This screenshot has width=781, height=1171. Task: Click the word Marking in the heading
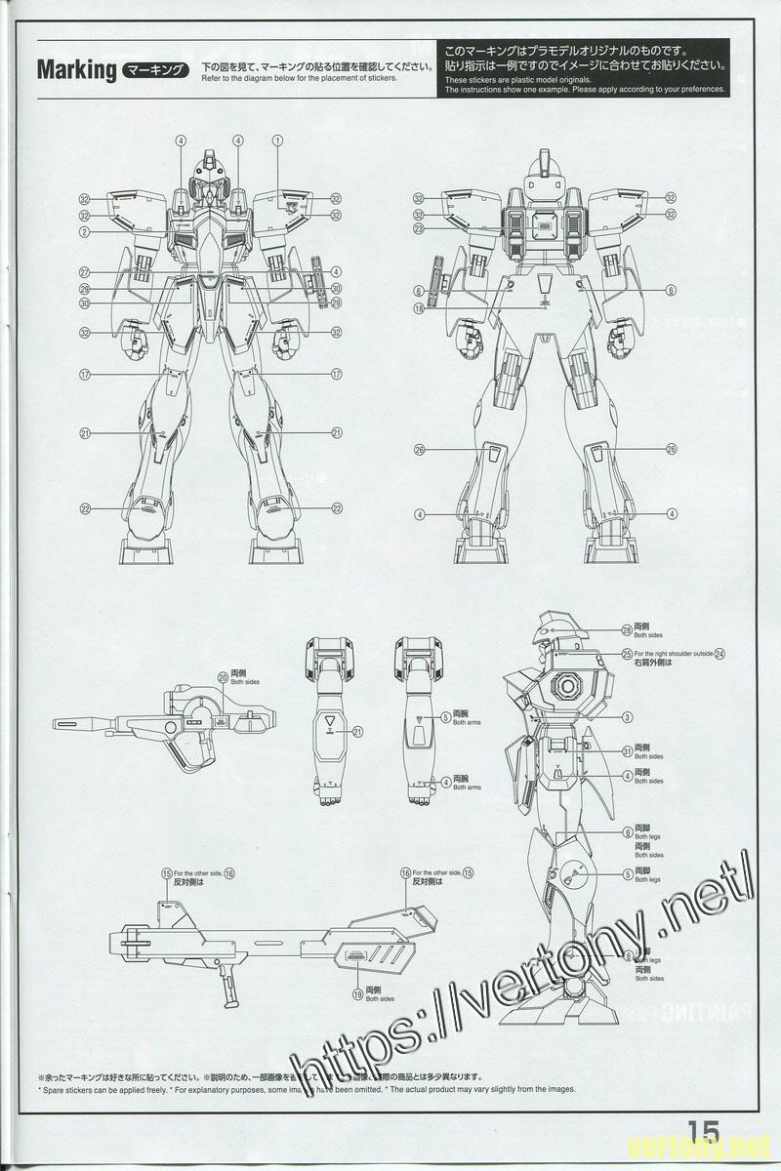(x=76, y=70)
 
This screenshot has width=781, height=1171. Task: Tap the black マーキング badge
(x=157, y=70)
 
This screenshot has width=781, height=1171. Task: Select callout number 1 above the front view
(x=278, y=141)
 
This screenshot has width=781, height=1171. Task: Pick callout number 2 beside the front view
(x=85, y=231)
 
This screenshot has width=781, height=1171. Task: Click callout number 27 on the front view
(x=85, y=272)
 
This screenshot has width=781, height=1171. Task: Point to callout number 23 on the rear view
(x=418, y=229)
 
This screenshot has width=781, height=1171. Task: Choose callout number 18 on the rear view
(x=418, y=308)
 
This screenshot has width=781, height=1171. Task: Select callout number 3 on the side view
(x=628, y=717)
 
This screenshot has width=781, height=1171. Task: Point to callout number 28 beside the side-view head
(x=627, y=630)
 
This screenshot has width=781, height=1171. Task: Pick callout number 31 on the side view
(x=627, y=750)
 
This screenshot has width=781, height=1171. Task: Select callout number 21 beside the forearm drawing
(x=357, y=731)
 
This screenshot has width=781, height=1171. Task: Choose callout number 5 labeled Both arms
(x=445, y=717)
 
